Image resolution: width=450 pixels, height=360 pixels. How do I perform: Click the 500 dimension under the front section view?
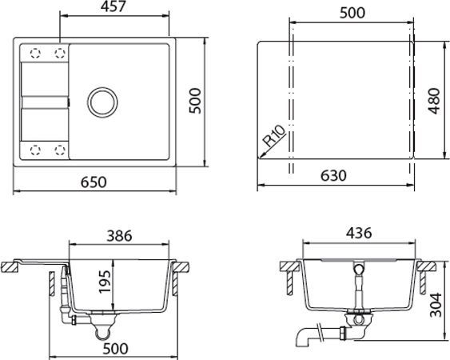click(x=118, y=349)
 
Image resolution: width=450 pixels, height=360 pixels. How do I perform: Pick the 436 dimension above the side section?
click(x=359, y=234)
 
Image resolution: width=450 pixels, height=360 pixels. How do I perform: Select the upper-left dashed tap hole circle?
click(x=34, y=53)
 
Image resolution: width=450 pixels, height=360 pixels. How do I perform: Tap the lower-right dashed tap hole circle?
click(x=60, y=150)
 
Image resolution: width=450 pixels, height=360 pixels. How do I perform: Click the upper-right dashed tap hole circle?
click(x=60, y=53)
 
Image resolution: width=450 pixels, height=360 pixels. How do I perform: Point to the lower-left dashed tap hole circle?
click(x=34, y=150)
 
